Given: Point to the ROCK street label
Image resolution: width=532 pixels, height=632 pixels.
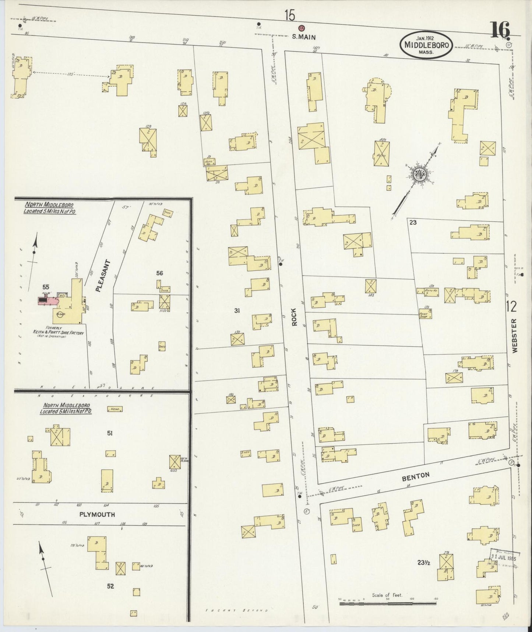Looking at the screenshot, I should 294,317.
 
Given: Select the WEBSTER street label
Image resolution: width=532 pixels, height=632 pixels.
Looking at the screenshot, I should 514,336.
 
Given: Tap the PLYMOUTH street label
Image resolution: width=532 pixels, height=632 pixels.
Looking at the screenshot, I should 97,514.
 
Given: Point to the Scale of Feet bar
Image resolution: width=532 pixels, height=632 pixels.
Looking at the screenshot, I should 387,604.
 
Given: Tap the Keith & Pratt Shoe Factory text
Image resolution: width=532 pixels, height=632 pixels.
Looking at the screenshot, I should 59,332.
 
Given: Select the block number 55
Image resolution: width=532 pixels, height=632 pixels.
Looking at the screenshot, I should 46,287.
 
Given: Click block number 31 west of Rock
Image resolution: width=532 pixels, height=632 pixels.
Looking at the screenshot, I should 237,311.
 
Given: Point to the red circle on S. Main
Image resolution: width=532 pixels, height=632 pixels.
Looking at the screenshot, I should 301,28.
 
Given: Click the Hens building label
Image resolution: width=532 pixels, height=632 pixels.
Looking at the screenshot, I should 114,409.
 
